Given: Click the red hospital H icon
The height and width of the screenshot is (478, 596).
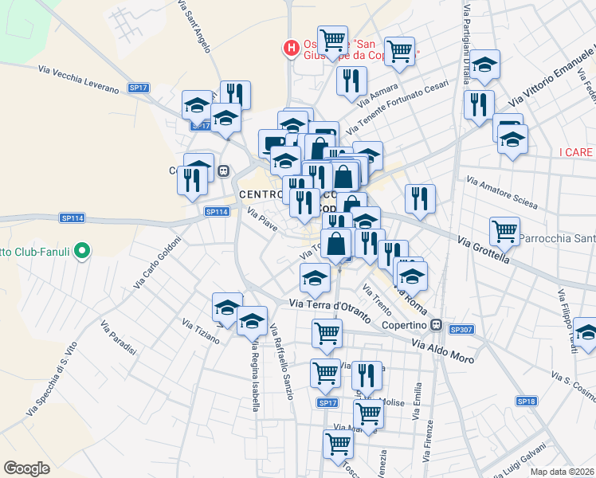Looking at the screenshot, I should [292, 49].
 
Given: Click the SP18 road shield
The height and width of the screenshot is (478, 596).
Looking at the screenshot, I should [526, 401].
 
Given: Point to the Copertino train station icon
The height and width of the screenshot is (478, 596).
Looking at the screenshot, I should [436, 324].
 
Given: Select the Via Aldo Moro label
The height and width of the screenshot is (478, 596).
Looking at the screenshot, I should [442, 351].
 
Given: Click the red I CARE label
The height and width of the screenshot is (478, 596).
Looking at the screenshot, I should [577, 151].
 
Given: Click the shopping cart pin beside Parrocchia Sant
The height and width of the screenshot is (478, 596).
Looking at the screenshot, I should [504, 232].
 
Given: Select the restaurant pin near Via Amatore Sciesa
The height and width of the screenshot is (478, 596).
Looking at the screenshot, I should [420, 198].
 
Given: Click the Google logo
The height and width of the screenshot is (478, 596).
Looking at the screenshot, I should [26, 468].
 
